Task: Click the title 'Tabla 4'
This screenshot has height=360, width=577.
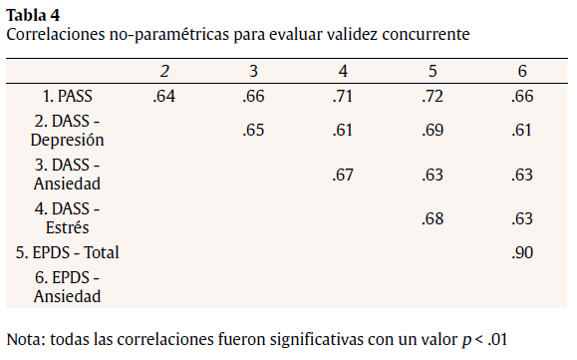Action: [32, 14]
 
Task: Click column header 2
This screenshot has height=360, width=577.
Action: [164, 72]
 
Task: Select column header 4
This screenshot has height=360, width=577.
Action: [343, 72]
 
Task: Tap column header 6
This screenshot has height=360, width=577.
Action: [521, 72]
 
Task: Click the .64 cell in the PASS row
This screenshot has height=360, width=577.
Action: [164, 97]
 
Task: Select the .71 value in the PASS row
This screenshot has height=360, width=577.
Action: [343, 97]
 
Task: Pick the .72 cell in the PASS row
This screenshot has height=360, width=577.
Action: [433, 97]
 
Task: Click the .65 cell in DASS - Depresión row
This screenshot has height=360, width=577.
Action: [254, 131]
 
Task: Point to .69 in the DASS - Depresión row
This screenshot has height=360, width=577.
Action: [433, 131]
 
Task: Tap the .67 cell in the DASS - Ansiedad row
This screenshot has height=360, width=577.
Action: [343, 175]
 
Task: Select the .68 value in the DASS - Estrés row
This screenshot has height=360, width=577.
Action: [433, 218]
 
